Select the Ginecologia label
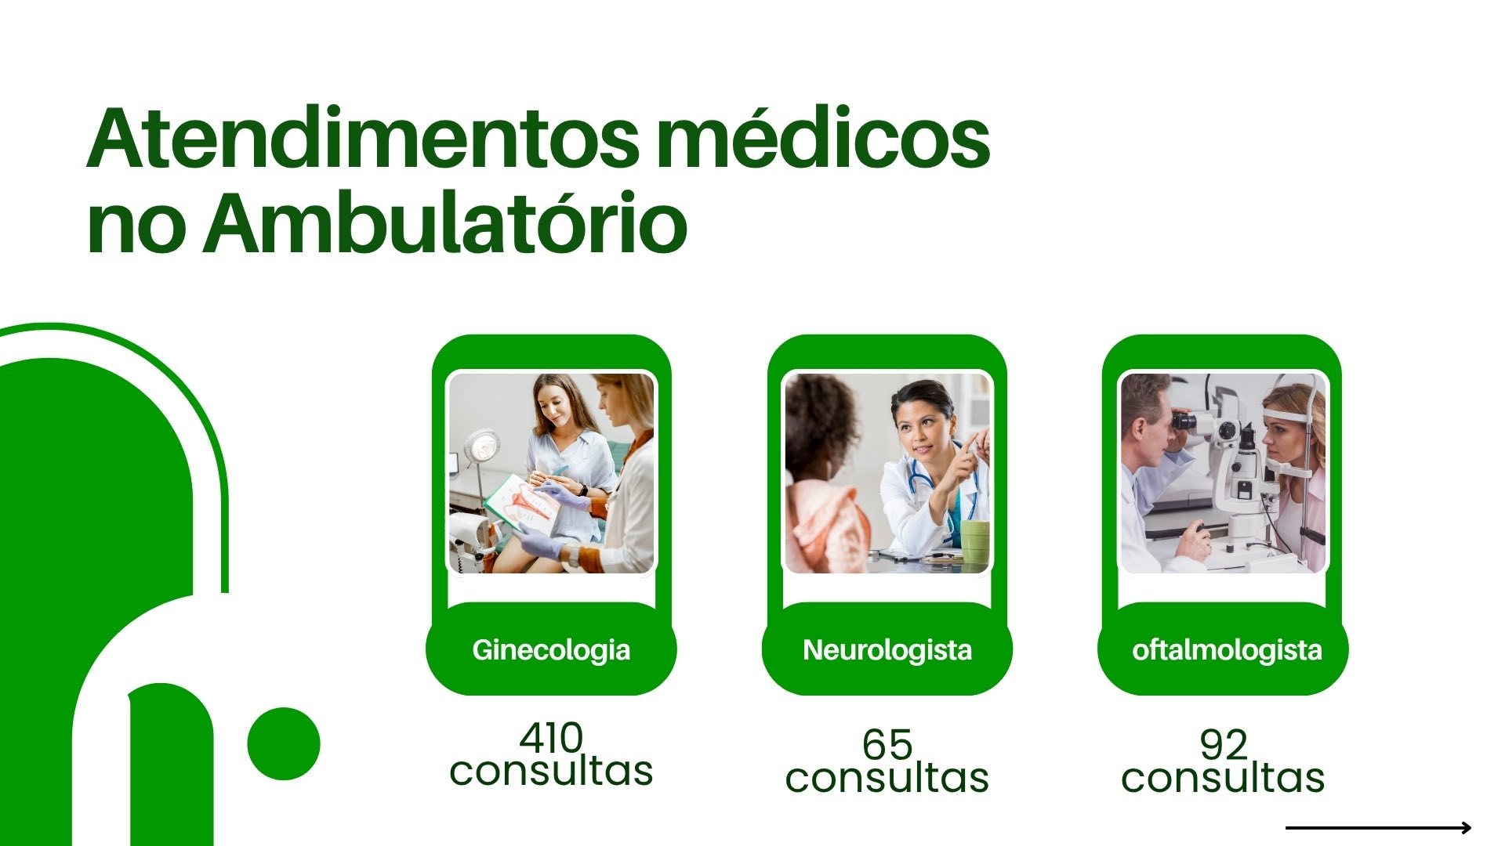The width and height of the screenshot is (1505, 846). click(x=551, y=650)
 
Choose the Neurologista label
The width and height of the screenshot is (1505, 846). click(x=887, y=650)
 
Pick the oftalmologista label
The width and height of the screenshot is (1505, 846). click(x=1227, y=650)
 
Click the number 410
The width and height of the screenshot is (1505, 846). click(x=551, y=737)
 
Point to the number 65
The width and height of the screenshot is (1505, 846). click(x=887, y=744)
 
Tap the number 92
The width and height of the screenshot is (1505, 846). click(x=1223, y=744)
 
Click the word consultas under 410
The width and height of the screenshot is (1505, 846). click(x=551, y=771)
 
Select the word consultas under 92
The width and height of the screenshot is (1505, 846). click(x=1223, y=778)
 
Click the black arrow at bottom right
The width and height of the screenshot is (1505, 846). click(x=1379, y=827)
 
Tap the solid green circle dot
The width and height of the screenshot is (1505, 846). click(x=284, y=743)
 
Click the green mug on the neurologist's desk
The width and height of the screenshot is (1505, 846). click(x=974, y=541)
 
